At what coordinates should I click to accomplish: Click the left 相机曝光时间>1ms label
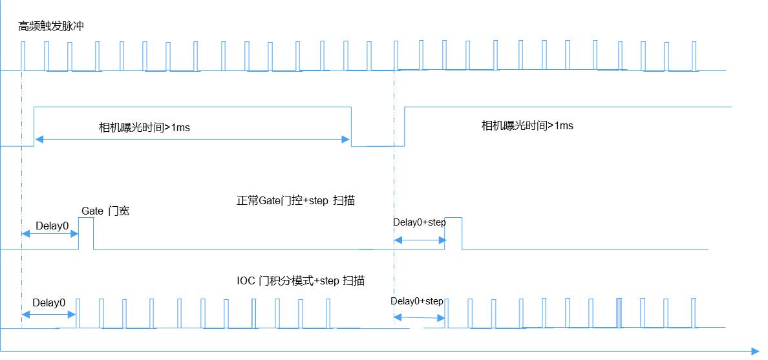144,128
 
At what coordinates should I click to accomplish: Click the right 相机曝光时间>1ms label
528,125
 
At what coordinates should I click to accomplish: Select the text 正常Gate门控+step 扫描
295,200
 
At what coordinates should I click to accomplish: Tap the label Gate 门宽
105,211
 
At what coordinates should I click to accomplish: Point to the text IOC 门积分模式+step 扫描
301,281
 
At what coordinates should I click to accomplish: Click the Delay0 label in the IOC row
49,302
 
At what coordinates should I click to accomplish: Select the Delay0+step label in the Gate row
420,222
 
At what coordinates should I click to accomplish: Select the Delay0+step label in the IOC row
417,301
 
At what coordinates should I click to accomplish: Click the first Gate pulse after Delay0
86,233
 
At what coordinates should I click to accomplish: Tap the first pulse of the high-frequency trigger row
23,56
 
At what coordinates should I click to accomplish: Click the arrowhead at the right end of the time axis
755,351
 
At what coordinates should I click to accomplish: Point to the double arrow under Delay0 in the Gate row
50,234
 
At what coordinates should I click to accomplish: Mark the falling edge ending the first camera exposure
352,127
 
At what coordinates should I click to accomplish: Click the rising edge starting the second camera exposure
405,127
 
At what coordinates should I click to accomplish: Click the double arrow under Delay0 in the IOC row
49,314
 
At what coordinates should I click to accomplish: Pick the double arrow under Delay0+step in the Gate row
420,240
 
